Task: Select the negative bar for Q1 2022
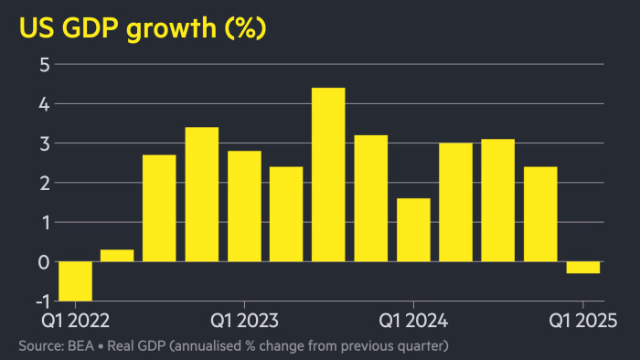click(x=75, y=281)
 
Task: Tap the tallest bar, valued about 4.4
click(x=328, y=175)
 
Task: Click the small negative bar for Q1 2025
click(x=582, y=267)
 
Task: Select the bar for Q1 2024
click(x=413, y=229)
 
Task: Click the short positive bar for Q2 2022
click(x=117, y=256)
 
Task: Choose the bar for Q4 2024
click(x=540, y=214)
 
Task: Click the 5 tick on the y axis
click(x=43, y=65)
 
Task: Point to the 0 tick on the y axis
click(x=43, y=262)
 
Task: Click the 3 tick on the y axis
click(x=43, y=143)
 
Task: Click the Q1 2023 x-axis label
click(x=245, y=321)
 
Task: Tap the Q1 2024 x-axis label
click(x=413, y=321)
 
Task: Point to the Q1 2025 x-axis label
click(x=582, y=321)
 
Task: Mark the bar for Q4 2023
click(x=371, y=198)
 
